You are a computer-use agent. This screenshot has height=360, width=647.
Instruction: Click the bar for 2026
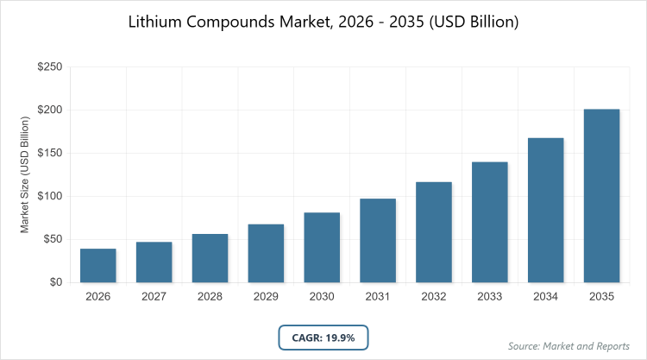click(97, 266)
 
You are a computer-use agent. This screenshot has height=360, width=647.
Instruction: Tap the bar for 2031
click(378, 241)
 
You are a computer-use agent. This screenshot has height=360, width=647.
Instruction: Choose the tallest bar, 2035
click(602, 196)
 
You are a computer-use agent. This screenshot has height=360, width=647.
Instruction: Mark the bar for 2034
click(546, 210)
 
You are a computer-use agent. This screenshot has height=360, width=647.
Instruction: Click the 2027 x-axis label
click(154, 297)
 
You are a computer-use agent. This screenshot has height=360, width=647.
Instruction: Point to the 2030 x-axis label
click(322, 297)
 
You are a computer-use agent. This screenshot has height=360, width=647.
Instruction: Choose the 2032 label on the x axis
click(434, 297)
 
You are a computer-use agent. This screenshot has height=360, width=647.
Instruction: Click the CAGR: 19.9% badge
click(323, 338)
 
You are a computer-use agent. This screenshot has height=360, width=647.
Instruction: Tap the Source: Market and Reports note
click(569, 346)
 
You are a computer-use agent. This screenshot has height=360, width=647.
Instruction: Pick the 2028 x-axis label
click(210, 297)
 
